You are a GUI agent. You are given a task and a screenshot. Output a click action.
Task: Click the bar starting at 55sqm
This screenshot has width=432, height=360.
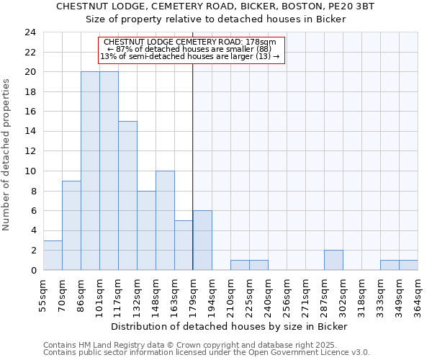(x=53, y=255)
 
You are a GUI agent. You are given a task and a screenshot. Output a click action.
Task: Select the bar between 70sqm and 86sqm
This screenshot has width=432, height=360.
(x=71, y=225)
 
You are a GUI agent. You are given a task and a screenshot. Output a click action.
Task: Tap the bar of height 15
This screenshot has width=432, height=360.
(x=127, y=196)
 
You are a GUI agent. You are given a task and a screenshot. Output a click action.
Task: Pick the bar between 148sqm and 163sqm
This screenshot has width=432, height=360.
(x=165, y=220)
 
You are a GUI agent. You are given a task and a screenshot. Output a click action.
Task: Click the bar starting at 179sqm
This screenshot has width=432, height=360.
(x=202, y=240)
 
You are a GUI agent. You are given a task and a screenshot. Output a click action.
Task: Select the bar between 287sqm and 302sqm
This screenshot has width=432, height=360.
(x=333, y=260)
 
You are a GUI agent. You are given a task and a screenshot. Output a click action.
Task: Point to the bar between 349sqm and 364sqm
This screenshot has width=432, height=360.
(x=408, y=265)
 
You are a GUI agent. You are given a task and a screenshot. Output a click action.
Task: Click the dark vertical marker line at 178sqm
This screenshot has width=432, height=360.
(x=192, y=166)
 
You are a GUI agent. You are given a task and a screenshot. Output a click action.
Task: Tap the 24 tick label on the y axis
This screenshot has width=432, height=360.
(x=30, y=32)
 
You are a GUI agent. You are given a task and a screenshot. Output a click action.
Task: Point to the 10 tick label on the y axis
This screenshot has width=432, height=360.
(x=30, y=171)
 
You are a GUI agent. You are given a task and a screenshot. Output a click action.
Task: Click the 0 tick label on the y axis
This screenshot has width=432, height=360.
(x=33, y=270)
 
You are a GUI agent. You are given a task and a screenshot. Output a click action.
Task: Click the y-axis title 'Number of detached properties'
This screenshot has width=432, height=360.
(x=7, y=155)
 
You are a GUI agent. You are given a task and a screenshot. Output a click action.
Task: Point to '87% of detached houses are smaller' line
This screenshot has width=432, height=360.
(x=192, y=49)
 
